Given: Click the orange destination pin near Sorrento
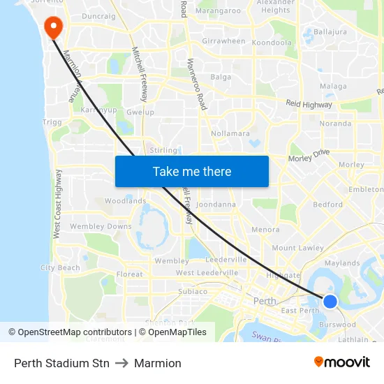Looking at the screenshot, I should (53, 27).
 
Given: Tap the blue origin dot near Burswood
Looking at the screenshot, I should (330, 302).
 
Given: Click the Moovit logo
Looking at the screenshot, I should (342, 362).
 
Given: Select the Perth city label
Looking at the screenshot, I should (265, 301).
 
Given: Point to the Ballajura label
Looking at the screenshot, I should (330, 32).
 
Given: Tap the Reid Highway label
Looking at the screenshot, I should (308, 104).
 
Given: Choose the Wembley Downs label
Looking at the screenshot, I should (101, 226).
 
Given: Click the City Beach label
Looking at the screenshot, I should (61, 267).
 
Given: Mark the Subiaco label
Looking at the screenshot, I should (193, 291).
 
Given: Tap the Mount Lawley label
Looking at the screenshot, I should (297, 248).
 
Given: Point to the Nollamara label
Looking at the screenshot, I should (230, 133).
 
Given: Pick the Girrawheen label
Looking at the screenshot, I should (223, 41).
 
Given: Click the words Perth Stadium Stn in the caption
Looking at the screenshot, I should (61, 363).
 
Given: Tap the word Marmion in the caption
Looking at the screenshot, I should (158, 363).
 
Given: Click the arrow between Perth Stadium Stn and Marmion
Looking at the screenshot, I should (121, 363).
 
